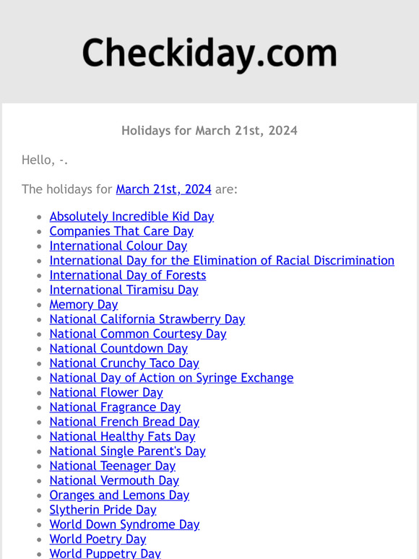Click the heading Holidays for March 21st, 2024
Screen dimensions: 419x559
click(x=209, y=131)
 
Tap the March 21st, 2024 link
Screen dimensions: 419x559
click(x=163, y=189)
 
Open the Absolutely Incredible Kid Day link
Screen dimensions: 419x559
click(x=131, y=217)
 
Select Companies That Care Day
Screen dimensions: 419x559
click(x=121, y=231)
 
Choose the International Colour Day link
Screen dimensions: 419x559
click(x=118, y=246)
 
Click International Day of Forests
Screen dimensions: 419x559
click(x=127, y=275)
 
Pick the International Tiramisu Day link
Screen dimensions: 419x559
click(x=124, y=290)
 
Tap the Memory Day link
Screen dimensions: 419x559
click(x=83, y=305)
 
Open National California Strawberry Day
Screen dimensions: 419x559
click(x=147, y=319)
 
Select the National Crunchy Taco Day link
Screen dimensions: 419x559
click(x=124, y=363)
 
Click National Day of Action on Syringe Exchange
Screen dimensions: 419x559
click(x=171, y=378)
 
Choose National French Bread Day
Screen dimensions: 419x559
click(x=124, y=422)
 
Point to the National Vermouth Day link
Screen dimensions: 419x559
click(x=113, y=480)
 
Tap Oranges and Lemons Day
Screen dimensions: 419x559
click(x=119, y=495)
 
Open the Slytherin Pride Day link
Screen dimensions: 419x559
click(x=103, y=510)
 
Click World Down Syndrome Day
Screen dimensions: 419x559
click(x=124, y=524)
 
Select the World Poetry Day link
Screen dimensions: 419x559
click(x=98, y=539)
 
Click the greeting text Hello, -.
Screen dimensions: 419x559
click(x=45, y=160)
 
